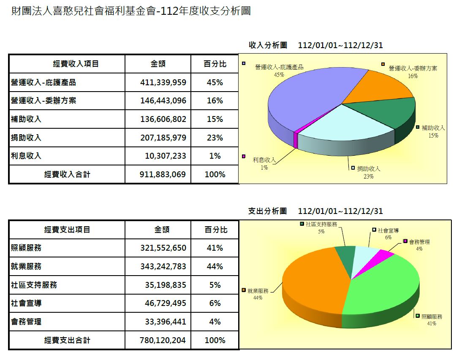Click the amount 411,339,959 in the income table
click(x=163, y=83)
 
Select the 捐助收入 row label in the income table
click(x=26, y=138)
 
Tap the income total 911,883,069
click(x=163, y=174)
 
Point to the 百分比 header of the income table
click(x=215, y=64)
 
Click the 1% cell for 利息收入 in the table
click(x=215, y=156)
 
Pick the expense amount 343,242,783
click(x=163, y=267)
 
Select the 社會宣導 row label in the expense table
click(x=26, y=303)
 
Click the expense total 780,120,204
click(x=163, y=340)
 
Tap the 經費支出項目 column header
click(x=67, y=230)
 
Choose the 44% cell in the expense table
click(x=215, y=267)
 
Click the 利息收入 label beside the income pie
click(x=264, y=160)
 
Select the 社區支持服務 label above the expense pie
click(x=321, y=225)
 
